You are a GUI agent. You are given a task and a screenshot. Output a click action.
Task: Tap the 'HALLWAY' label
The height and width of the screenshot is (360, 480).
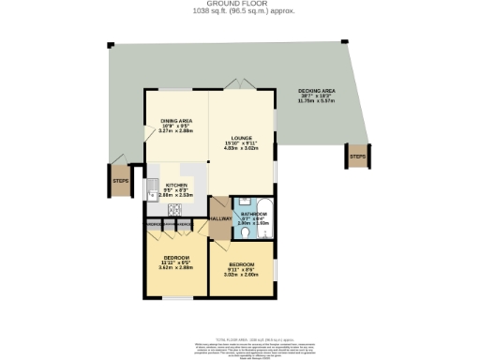[x=219, y=218]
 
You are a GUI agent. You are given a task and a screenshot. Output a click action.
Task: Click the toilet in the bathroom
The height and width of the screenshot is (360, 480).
[x=237, y=224]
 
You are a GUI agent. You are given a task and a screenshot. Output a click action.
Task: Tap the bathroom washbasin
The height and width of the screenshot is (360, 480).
[x=238, y=203]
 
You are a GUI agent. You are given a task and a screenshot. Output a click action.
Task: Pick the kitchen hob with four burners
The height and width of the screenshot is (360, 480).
[x=173, y=210]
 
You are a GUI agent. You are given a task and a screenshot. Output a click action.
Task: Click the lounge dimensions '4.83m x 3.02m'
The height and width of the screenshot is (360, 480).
[x=240, y=148]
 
